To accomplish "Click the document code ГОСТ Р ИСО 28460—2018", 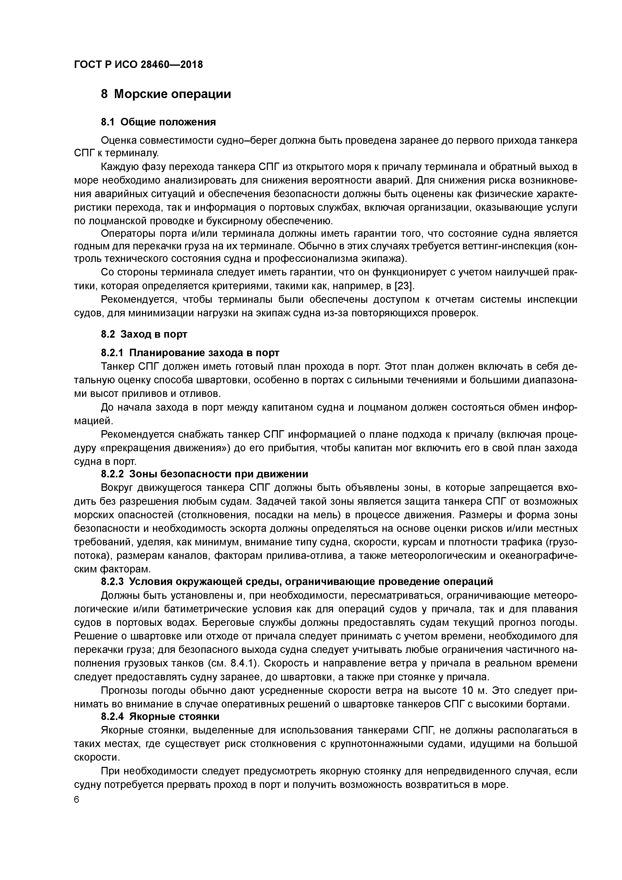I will tap(138, 65).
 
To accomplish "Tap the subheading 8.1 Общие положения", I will tap(158, 122).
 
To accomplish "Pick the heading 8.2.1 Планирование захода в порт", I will tap(190, 352).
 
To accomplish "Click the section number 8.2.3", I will tap(112, 581).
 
